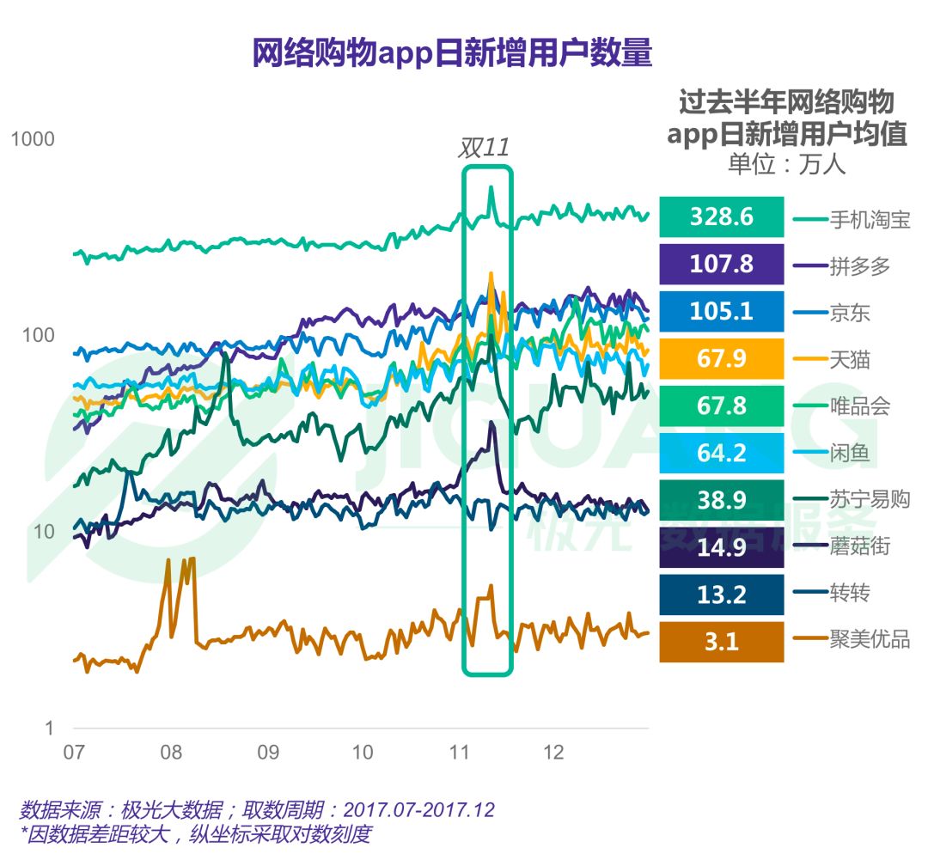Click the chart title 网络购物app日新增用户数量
[452, 53]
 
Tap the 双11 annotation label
[483, 147]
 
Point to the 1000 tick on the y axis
[33, 139]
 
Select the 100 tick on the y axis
[37, 335]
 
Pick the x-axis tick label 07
[74, 753]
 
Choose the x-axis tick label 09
[267, 753]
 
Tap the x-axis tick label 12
[553, 753]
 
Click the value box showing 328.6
[721, 216]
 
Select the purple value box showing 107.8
[721, 264]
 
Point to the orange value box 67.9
[721, 358]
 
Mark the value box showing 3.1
[721, 642]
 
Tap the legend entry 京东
[850, 313]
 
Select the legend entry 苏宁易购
[869, 499]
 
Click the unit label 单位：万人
[786, 163]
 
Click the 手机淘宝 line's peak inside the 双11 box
[491, 187]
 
